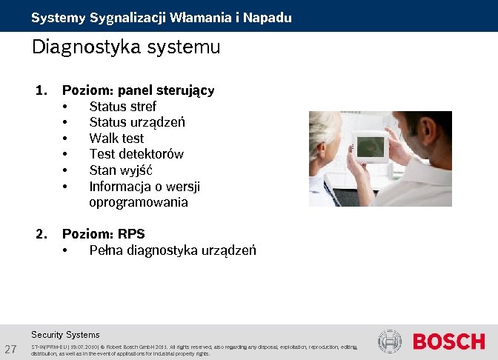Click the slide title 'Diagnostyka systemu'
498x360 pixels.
126,47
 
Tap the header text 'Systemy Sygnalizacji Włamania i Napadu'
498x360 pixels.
161,17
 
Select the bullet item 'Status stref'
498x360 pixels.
122,106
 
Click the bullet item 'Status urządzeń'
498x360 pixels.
137,122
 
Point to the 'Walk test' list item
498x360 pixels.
116,138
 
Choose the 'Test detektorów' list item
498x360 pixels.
136,154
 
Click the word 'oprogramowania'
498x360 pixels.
139,202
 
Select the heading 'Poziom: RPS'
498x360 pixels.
103,234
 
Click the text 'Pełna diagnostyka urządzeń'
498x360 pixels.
173,250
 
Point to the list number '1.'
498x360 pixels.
41,90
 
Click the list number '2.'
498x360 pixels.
41,234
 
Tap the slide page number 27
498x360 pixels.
11,349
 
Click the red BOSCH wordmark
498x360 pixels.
448,341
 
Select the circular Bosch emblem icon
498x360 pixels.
390,341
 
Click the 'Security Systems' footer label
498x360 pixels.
65,335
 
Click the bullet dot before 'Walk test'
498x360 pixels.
66,139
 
